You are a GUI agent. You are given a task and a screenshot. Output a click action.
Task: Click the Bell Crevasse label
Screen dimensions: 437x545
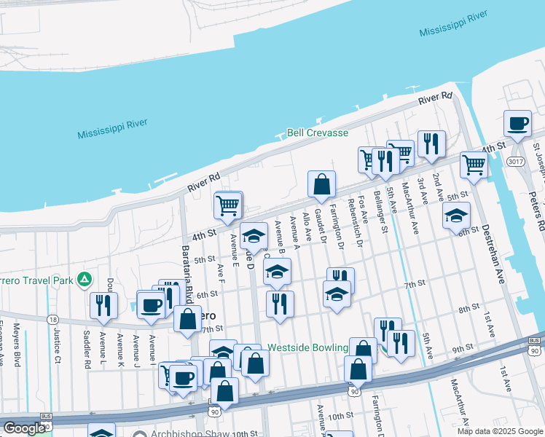318,133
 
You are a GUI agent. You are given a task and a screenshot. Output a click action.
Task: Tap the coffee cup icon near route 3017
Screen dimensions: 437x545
518,123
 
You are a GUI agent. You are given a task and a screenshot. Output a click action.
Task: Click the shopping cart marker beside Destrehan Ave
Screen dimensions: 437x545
474,165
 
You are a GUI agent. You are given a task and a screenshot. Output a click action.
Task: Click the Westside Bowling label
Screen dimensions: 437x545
307,348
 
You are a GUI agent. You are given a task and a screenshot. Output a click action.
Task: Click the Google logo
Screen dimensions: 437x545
23,428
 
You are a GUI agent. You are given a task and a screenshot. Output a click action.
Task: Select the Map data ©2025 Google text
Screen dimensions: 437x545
499,431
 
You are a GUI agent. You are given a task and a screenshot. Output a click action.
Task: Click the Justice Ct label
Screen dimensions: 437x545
57,343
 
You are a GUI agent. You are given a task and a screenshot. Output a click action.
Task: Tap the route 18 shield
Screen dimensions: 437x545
52,319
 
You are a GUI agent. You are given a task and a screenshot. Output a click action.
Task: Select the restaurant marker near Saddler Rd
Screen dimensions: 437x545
103,304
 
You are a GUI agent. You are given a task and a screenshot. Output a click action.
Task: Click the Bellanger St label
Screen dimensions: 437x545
383,212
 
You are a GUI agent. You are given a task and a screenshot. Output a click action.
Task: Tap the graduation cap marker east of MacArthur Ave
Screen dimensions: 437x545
457,215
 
